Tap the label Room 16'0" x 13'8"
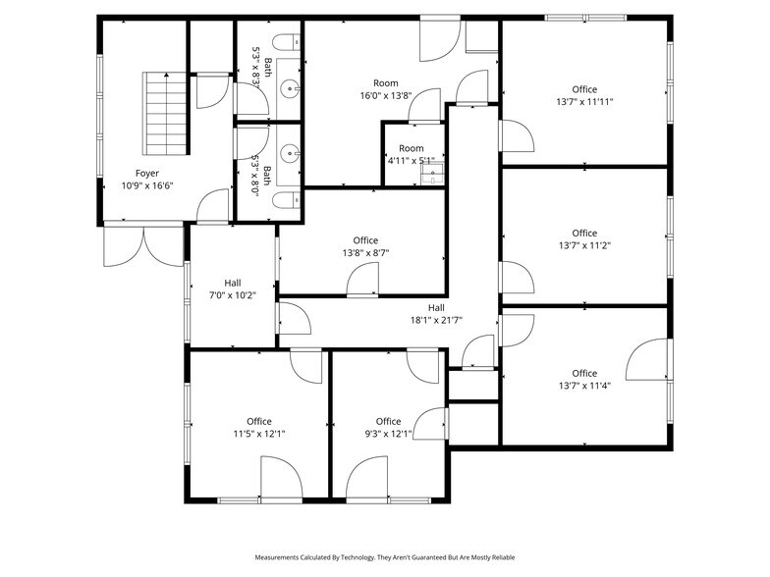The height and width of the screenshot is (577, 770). tap(384, 89)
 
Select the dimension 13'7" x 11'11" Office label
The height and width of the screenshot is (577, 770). tap(584, 95)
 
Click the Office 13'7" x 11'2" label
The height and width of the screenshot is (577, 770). tap(584, 239)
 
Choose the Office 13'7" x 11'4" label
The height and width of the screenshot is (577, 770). tap(584, 379)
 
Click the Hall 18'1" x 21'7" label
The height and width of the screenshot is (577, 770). tap(436, 313)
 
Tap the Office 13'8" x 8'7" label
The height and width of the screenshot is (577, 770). tap(365, 246)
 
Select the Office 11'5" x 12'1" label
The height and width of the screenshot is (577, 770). tap(259, 427)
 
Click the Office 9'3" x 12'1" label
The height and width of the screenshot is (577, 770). tap(388, 427)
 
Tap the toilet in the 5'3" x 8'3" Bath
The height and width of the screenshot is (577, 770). tap(284, 42)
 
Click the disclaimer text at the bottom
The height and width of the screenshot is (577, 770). tap(384, 557)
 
